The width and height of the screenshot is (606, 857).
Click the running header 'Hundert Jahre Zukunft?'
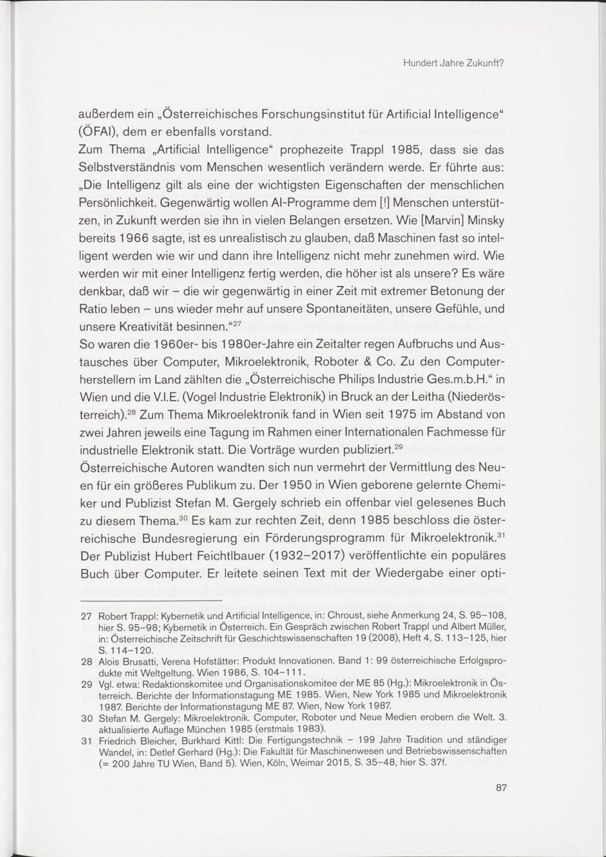454,62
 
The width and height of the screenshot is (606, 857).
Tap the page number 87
501,788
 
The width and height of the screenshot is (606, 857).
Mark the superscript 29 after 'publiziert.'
398,447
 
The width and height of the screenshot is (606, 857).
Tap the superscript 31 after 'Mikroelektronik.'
501,535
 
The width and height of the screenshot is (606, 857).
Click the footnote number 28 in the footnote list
87,662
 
